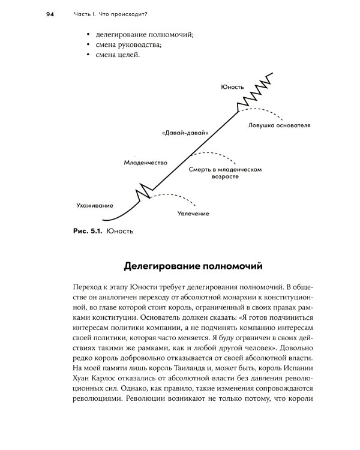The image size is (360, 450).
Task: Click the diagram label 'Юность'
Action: [x=232, y=87]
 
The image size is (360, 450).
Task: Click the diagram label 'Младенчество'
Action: [x=145, y=163]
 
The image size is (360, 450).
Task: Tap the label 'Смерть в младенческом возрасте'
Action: [x=225, y=174]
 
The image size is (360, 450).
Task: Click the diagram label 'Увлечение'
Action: [x=193, y=214]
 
